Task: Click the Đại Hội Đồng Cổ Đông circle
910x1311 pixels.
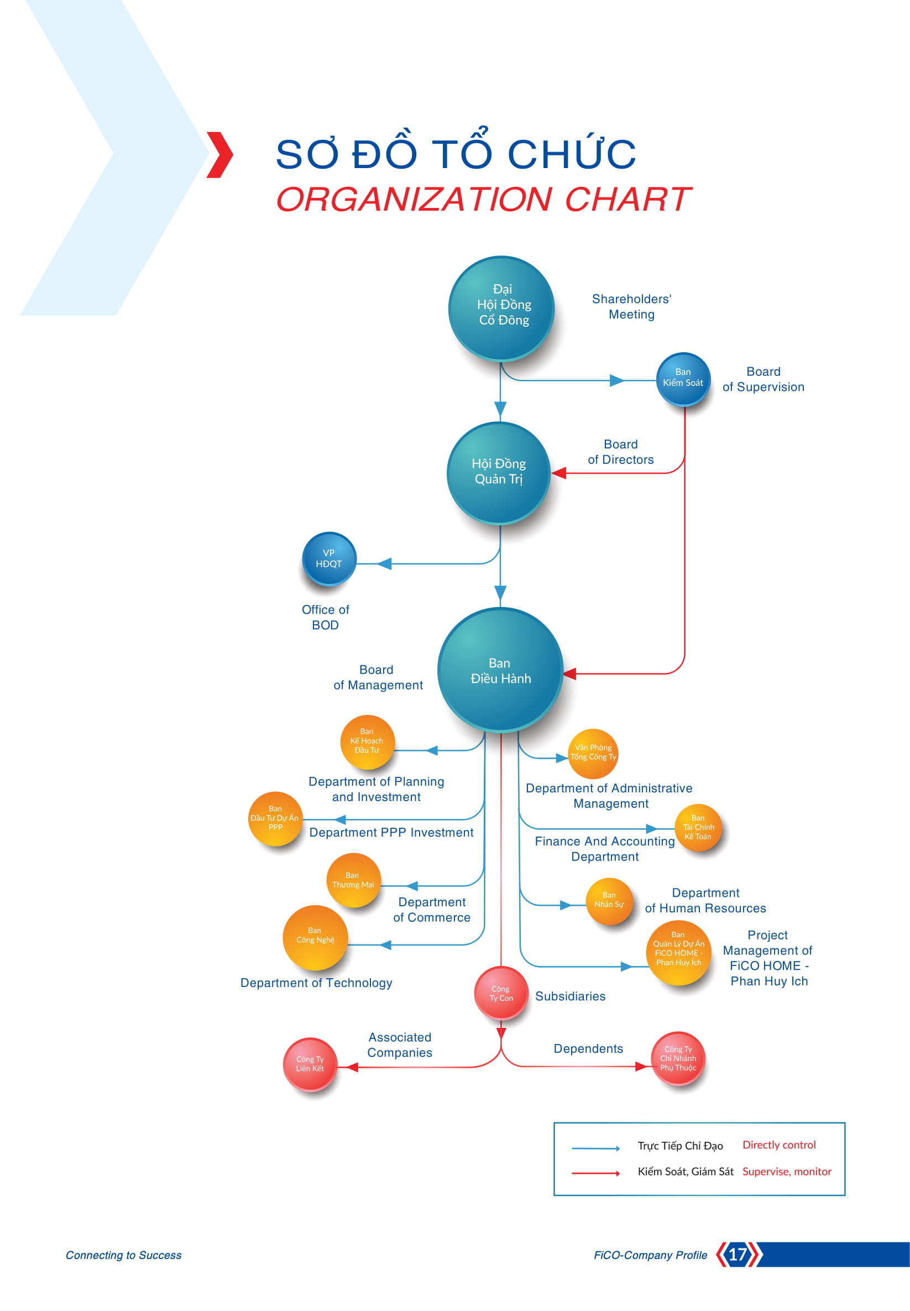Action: pyautogui.click(x=501, y=308)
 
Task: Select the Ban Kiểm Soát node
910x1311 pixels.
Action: pyautogui.click(x=683, y=379)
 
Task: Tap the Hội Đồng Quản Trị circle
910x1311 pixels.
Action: pyautogui.click(x=499, y=473)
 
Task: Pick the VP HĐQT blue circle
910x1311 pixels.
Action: pyautogui.click(x=329, y=559)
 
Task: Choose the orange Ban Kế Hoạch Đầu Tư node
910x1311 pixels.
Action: pyautogui.click(x=367, y=742)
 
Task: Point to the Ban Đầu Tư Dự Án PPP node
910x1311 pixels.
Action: pyautogui.click(x=275, y=818)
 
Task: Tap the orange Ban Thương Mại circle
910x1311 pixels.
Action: pyautogui.click(x=353, y=880)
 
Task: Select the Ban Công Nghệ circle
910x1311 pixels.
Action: pyautogui.click(x=315, y=937)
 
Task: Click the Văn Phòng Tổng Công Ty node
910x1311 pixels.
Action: pyautogui.click(x=593, y=753)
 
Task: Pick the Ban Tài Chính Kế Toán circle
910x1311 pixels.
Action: pyautogui.click(x=698, y=827)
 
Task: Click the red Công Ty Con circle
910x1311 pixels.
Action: pyautogui.click(x=501, y=994)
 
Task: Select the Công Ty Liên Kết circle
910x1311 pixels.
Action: pyautogui.click(x=310, y=1064)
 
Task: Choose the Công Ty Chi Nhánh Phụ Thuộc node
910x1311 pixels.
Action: pyautogui.click(x=678, y=1058)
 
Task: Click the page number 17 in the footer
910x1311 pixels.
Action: pyautogui.click(x=738, y=1254)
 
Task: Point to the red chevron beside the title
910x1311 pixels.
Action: pyautogui.click(x=219, y=154)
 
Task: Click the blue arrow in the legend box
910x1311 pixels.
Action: pyautogui.click(x=596, y=1148)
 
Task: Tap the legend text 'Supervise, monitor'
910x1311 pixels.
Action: pyautogui.click(x=787, y=1171)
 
